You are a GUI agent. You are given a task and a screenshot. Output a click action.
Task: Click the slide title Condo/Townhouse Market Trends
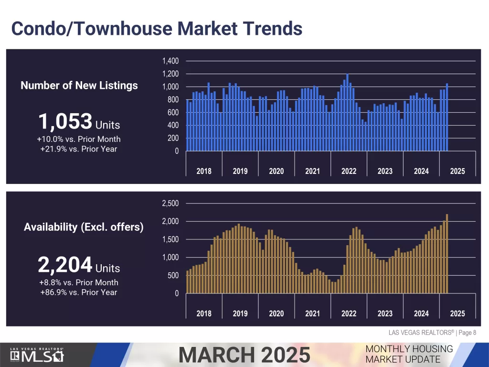point(157,29)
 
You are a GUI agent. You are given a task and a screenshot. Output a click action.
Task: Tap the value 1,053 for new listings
point(65,122)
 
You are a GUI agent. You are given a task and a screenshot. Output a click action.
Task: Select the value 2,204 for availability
point(65,264)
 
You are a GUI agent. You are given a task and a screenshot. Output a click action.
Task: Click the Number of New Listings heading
point(79,86)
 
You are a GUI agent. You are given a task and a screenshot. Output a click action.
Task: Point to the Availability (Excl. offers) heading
point(84,227)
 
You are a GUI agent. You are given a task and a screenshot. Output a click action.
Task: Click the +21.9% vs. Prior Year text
point(79,149)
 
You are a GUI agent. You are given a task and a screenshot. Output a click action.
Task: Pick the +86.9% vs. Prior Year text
point(79,292)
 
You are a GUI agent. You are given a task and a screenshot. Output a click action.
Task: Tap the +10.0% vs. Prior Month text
point(79,139)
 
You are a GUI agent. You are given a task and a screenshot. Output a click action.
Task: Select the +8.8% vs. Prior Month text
point(79,282)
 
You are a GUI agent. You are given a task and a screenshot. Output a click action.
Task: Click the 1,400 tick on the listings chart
point(170,61)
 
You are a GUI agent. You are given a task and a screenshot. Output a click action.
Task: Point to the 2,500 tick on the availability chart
point(170,204)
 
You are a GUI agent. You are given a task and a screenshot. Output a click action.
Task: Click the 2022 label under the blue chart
point(349,171)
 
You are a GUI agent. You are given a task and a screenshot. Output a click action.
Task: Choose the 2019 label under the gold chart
point(240,313)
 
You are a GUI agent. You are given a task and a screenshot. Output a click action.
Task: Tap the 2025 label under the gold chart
point(457,313)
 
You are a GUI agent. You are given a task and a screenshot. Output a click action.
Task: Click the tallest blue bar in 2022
point(347,113)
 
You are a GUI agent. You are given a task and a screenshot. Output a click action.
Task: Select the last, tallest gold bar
point(447,254)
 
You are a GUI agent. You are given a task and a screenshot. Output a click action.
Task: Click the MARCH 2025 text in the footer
point(244,355)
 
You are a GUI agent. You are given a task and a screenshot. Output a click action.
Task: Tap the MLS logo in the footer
point(37,355)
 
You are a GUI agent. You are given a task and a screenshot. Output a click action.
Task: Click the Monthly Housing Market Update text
point(409,354)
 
